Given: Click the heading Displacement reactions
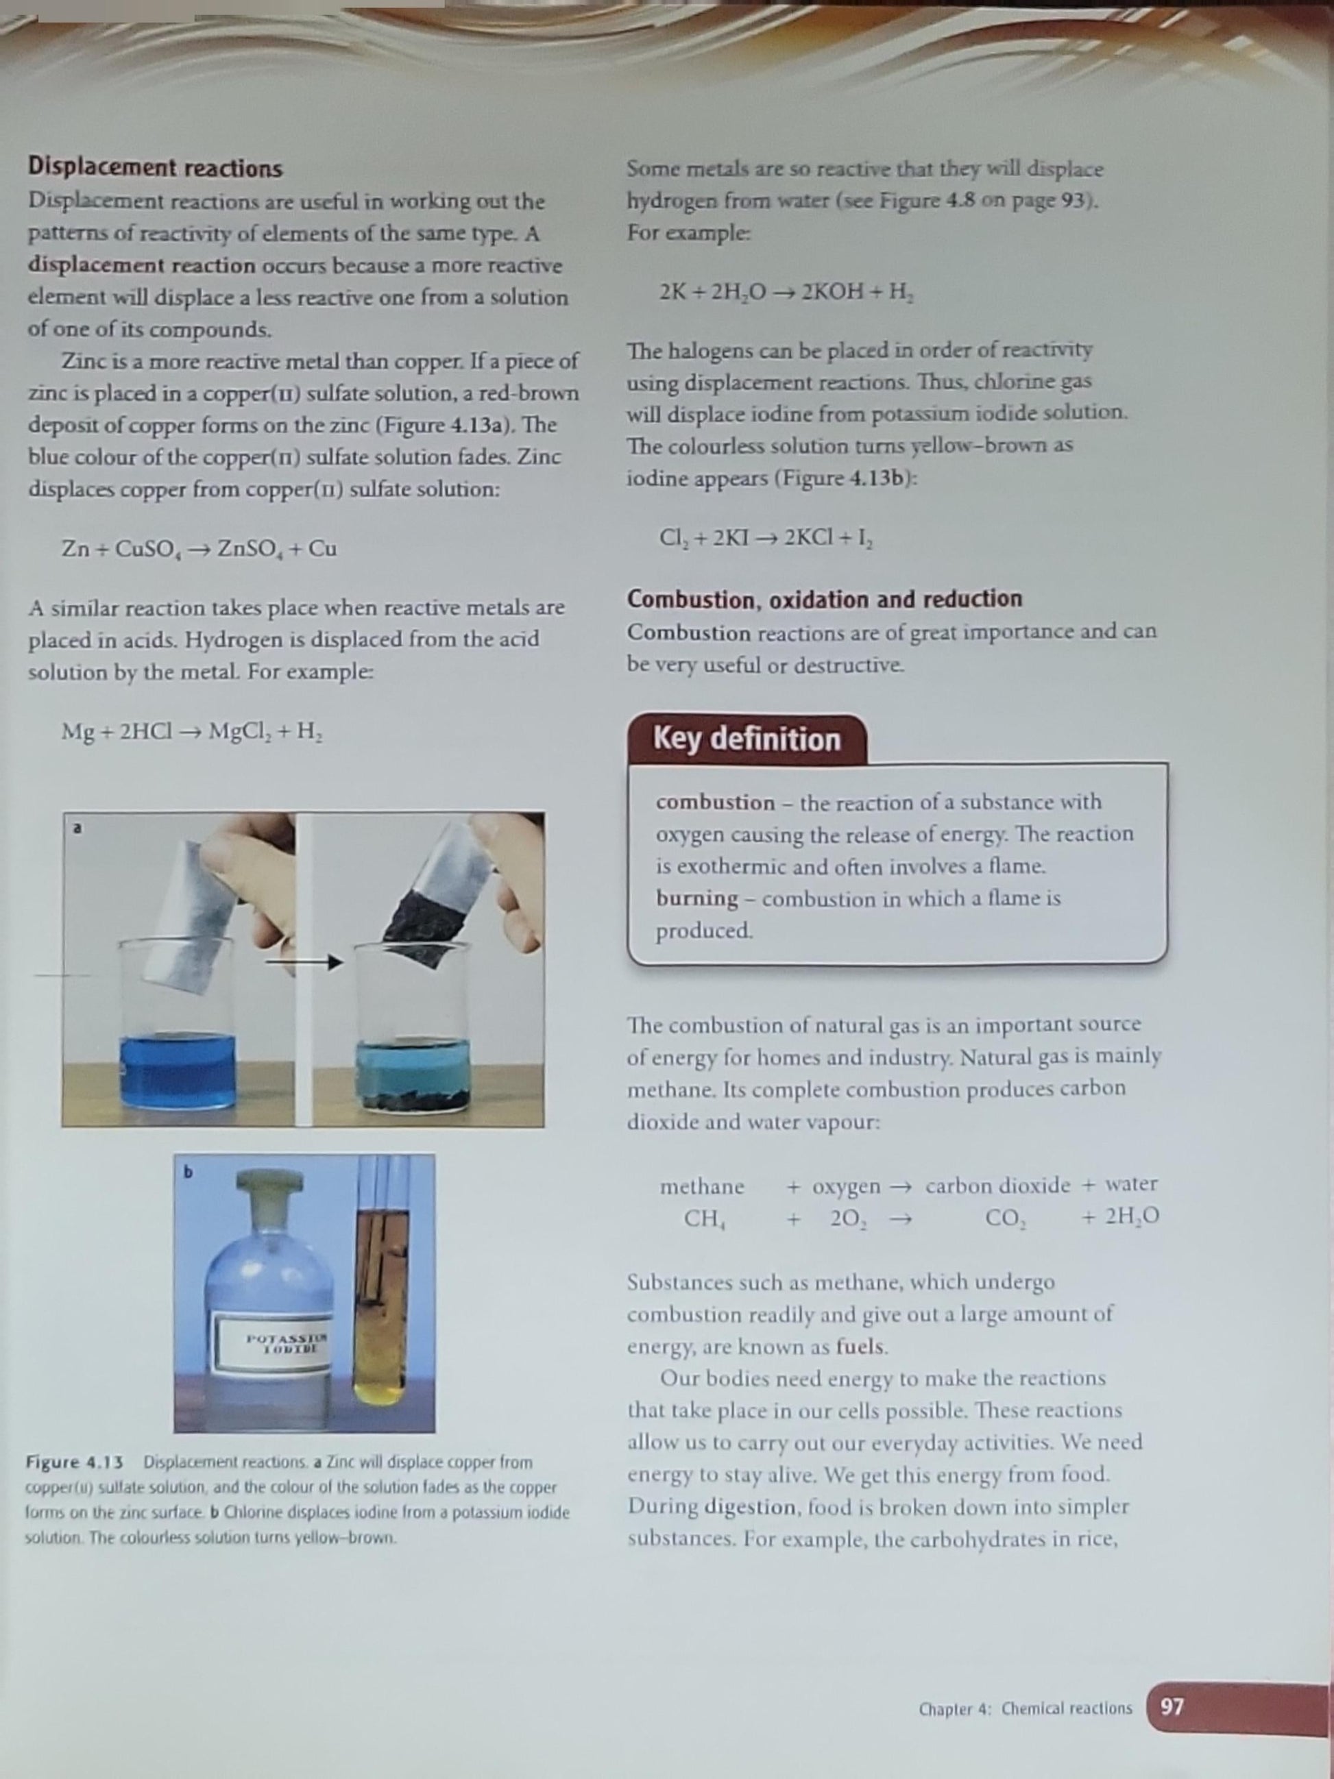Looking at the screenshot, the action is click(x=156, y=168).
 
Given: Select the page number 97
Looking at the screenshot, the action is click(x=1172, y=1706).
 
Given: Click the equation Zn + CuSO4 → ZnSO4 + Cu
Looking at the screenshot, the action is click(x=199, y=550).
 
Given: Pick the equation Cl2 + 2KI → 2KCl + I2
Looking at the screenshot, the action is click(x=767, y=537).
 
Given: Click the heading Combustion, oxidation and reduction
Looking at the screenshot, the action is click(x=825, y=599).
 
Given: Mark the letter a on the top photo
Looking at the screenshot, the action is click(x=77, y=828).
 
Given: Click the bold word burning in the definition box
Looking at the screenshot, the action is click(x=696, y=898).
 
